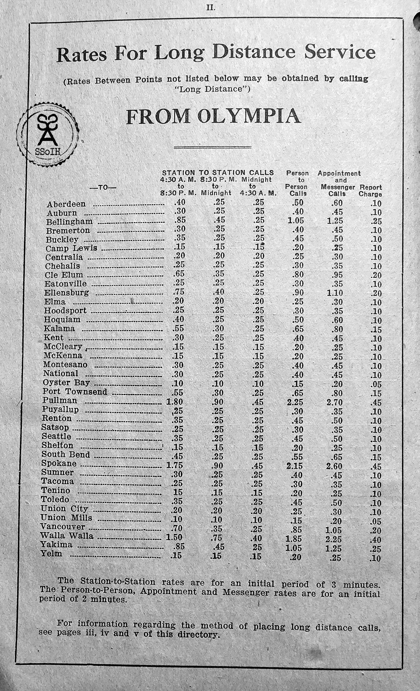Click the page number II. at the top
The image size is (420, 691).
click(211, 7)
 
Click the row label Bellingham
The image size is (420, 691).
click(69, 221)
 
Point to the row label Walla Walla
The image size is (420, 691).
click(67, 536)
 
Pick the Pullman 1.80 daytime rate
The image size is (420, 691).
click(174, 402)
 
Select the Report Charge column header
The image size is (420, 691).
click(370, 191)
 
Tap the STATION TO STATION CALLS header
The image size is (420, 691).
click(218, 172)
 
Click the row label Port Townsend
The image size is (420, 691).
click(75, 392)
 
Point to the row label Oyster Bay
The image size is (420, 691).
click(66, 383)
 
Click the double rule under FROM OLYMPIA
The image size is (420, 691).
click(212, 148)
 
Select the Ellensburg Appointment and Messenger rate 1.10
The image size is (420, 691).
click(335, 293)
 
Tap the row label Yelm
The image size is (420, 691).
click(51, 554)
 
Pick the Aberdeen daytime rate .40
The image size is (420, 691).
click(179, 203)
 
